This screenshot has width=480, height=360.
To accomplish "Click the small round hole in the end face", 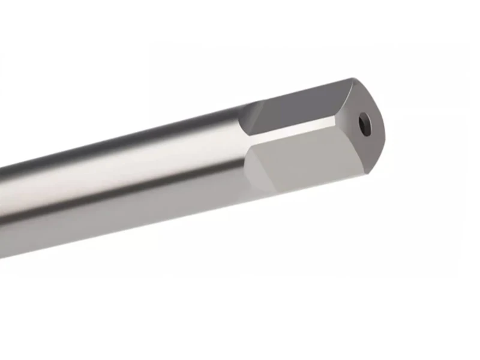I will tap(364, 124).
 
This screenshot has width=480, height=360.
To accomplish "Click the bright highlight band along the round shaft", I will tap(120, 174).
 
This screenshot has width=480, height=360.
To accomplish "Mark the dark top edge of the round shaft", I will tap(120, 143).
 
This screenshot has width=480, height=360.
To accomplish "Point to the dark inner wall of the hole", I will tap(362, 122).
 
